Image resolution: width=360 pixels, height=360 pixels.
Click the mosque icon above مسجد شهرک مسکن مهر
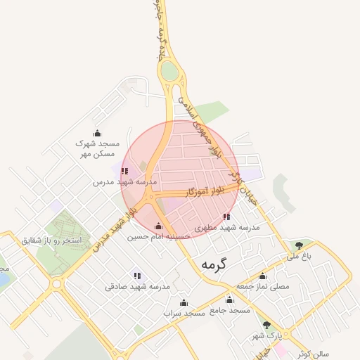(x=98, y=133)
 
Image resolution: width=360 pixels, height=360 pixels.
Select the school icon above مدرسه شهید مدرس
(x=124, y=171)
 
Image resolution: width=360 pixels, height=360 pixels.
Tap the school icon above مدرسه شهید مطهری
(x=226, y=217)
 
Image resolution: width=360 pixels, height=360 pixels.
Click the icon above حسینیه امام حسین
(x=158, y=226)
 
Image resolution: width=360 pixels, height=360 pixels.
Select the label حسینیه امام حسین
(x=158, y=237)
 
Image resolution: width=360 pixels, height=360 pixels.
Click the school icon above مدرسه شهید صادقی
(x=137, y=276)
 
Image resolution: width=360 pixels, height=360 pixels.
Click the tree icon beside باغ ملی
(x=300, y=245)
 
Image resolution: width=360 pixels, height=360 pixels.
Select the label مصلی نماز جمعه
(x=262, y=286)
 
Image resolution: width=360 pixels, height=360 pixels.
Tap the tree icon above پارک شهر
(x=266, y=325)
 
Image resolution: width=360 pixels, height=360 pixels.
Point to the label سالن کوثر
(x=313, y=353)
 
